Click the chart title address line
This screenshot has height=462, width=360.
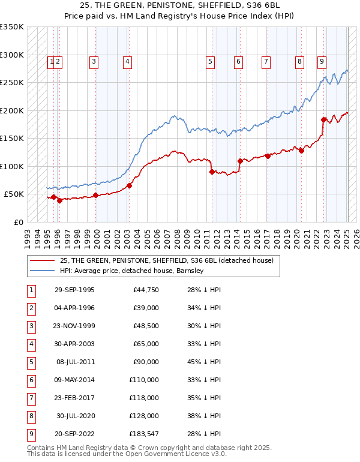pos(179,6)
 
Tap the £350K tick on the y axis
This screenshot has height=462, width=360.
pos(12,27)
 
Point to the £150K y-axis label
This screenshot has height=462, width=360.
pos(12,139)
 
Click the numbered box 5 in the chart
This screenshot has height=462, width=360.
pos(211,61)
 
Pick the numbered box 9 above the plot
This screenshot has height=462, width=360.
pos(322,61)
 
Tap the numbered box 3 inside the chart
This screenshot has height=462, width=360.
pos(94,61)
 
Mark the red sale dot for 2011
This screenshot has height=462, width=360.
pos(212,172)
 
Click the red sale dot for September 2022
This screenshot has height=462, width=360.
pos(323,119)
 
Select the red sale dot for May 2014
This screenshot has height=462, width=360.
pos(240,161)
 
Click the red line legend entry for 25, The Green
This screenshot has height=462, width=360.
pos(166,260)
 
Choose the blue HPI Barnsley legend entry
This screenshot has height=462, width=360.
pos(132,271)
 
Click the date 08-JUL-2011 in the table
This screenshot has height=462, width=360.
pos(75,362)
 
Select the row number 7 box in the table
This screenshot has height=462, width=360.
pos(31,398)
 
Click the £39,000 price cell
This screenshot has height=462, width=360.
pos(145,308)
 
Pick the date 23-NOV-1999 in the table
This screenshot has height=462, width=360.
pos(74,326)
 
